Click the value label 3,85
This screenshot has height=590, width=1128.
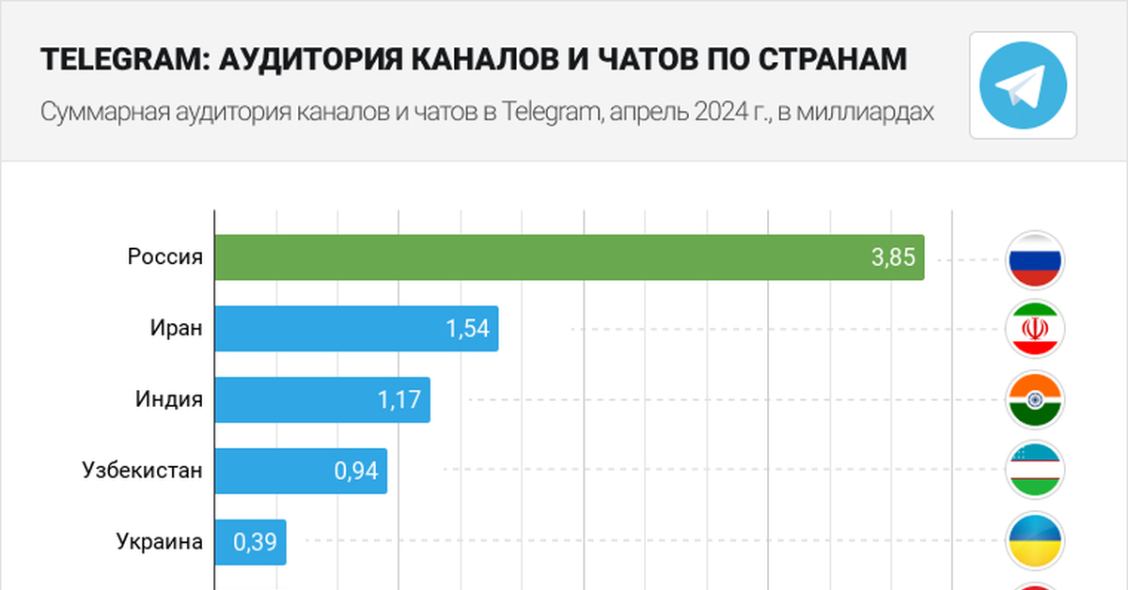click(893, 257)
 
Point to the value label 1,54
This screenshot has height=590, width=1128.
click(468, 329)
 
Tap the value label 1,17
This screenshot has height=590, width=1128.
click(400, 400)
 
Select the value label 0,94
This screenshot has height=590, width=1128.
click(356, 471)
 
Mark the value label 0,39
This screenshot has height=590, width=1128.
click(255, 542)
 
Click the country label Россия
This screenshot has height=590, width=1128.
click(165, 256)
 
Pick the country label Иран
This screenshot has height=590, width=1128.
click(176, 328)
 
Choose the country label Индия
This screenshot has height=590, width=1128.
click(169, 399)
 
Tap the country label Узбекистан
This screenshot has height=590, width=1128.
click(143, 470)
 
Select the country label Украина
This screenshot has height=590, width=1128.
click(160, 541)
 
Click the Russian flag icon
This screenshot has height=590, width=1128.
click(1034, 258)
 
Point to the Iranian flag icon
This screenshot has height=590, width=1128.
click(1034, 329)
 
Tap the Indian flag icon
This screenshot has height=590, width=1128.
click(1034, 400)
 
